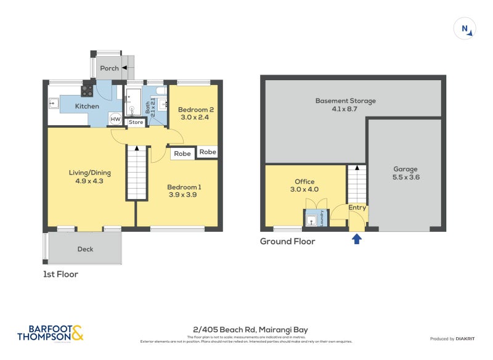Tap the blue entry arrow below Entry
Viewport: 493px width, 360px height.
(x=356, y=238)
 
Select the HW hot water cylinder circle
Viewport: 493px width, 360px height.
(x=115, y=119)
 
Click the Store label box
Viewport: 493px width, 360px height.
(x=136, y=122)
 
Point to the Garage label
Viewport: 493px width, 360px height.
(x=405, y=169)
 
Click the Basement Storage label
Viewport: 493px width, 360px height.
(x=345, y=101)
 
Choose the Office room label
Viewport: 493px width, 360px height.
(x=304, y=182)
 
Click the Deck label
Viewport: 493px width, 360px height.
(x=85, y=249)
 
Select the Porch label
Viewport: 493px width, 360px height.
(x=109, y=68)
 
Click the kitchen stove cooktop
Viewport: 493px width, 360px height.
(x=87, y=91)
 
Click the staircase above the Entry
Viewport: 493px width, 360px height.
(x=357, y=184)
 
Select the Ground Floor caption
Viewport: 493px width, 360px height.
(x=287, y=242)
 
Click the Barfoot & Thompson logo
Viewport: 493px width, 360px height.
(x=51, y=333)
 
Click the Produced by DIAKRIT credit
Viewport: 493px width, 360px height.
(x=455, y=338)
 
